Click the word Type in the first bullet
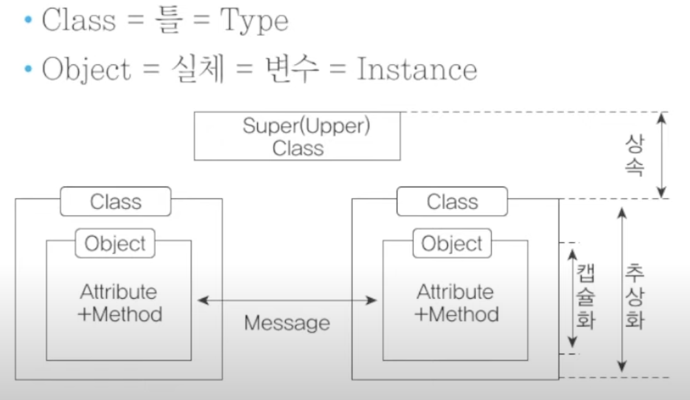tap(254, 21)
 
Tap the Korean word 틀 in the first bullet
tap(169, 20)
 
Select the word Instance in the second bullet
tap(417, 69)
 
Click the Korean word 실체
tap(198, 69)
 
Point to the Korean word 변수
tap(291, 69)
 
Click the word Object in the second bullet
tap(86, 69)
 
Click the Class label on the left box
tap(116, 202)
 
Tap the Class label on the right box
tap(452, 202)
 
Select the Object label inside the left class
tap(115, 244)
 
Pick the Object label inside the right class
tap(452, 244)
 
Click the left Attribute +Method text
tap(119, 303)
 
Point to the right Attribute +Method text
tap(456, 303)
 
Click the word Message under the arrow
tap(287, 323)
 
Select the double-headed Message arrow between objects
tap(287, 301)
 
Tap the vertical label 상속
tap(635, 155)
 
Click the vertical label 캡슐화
tap(586, 297)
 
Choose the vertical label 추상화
tap(635, 297)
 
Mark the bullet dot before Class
tap(29, 20)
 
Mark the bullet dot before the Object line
tap(29, 69)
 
